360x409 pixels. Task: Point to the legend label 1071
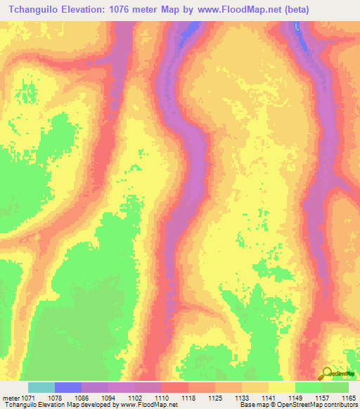(x=29, y=397)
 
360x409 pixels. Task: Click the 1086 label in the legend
(x=82, y=397)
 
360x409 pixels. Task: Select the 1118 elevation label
(x=189, y=397)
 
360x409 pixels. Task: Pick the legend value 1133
(x=243, y=397)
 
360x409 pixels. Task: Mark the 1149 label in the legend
(x=296, y=397)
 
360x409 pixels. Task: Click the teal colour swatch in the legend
(x=41, y=387)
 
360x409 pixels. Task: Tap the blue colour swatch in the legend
(x=68, y=387)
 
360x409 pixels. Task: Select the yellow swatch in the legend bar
(x=282, y=387)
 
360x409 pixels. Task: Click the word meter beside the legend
(x=10, y=397)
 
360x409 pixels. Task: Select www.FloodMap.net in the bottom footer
(x=149, y=405)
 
